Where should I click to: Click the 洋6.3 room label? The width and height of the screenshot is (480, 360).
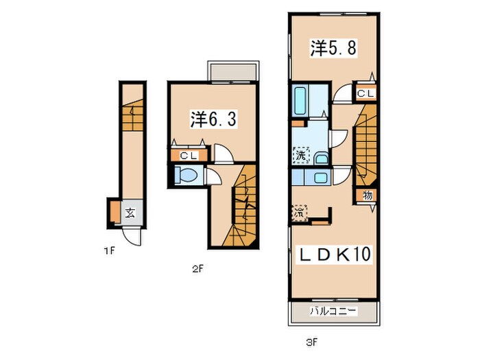pos(213,119)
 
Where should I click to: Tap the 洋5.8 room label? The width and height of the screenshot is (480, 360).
pos(333,48)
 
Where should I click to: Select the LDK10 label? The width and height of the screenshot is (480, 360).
pos(334,254)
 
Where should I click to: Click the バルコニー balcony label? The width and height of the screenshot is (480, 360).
pos(333,311)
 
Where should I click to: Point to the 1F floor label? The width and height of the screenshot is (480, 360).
pos(109,252)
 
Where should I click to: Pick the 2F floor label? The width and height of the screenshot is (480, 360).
pos(197,269)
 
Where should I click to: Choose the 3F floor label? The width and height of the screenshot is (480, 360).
pos(311,342)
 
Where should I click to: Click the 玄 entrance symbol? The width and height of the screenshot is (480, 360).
pos(130,213)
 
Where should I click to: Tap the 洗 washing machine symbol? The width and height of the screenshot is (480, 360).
pos(301,155)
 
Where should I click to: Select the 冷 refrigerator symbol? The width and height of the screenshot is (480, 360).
pos(299,212)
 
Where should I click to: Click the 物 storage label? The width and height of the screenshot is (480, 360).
pos(368,195)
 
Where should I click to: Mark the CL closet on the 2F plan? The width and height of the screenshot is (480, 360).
pos(189,156)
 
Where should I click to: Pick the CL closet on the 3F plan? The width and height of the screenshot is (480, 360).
pos(365,93)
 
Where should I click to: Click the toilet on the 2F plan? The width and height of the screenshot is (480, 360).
pos(188,176)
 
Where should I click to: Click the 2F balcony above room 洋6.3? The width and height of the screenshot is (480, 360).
pos(232,72)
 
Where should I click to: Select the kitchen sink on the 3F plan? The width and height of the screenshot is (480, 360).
pos(320,178)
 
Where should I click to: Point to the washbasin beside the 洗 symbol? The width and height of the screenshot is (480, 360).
pos(321,158)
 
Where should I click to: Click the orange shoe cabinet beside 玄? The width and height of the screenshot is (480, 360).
pos(115,211)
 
